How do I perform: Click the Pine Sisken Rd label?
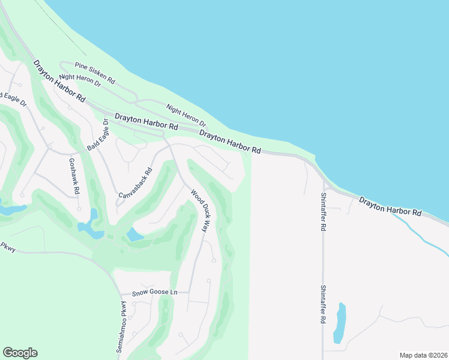point(94,72)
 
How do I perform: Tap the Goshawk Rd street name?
point(74,175)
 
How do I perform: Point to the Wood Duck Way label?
point(200,211)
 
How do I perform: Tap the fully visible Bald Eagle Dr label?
point(97,134)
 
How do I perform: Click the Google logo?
point(20,353)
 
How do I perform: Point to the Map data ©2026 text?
point(423,355)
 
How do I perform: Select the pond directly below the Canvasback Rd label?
point(134,235)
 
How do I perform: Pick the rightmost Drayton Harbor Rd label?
point(390,206)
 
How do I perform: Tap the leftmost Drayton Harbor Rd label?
point(59,80)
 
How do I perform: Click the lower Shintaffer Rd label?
point(323,304)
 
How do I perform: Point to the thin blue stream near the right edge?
point(420,231)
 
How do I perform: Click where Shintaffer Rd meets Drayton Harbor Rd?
point(324,182)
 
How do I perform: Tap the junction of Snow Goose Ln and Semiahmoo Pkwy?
point(116,295)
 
